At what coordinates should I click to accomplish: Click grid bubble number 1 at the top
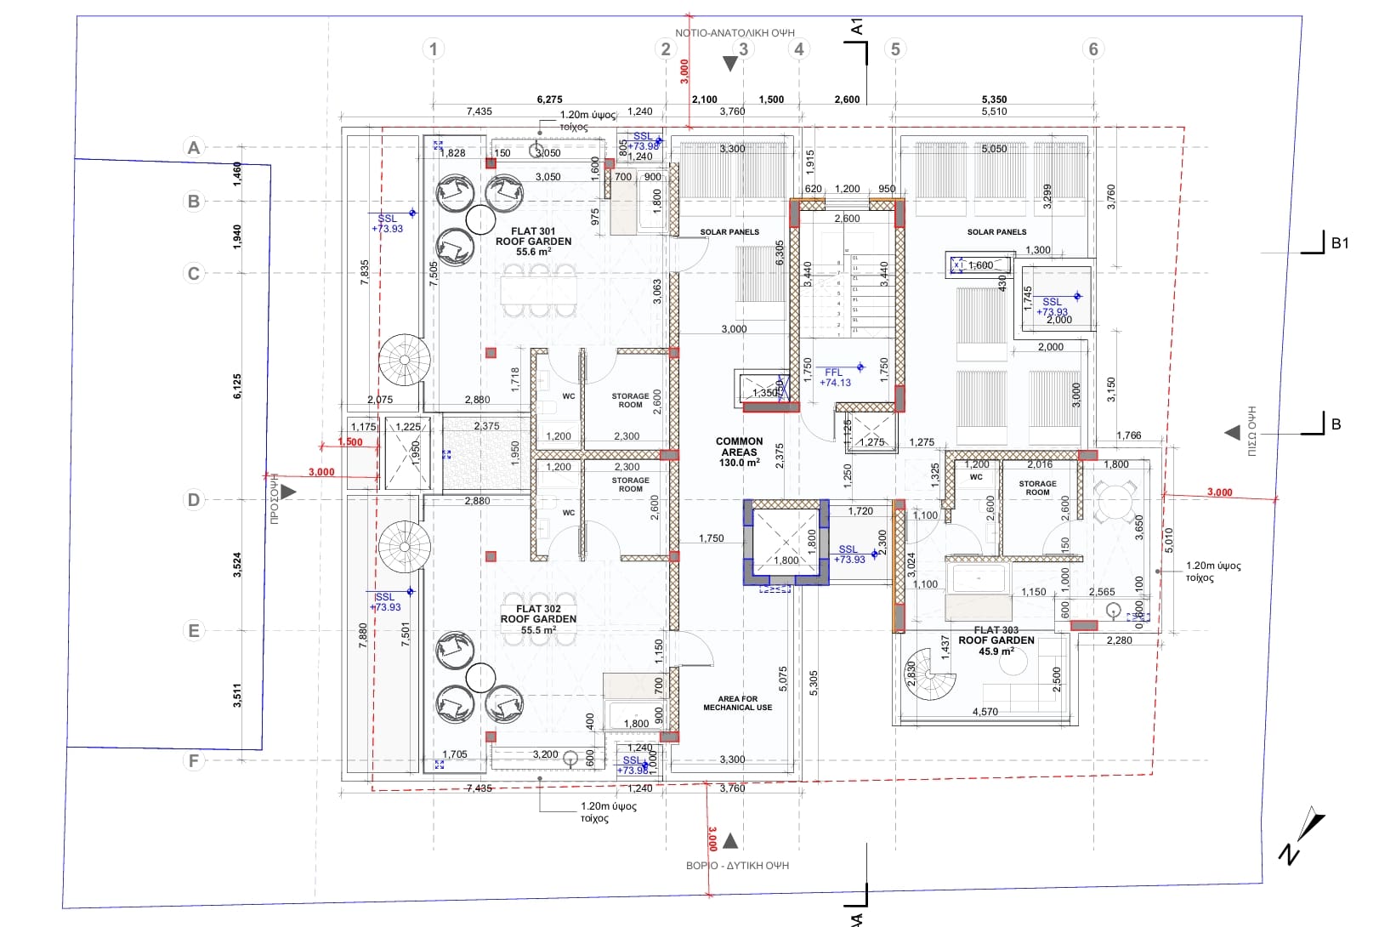[434, 48]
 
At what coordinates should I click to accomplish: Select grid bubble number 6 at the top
[1093, 48]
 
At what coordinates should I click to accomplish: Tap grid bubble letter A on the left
[194, 148]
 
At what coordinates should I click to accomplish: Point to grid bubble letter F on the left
[194, 760]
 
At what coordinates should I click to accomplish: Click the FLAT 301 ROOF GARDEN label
[533, 242]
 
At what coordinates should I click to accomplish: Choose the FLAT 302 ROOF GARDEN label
[538, 619]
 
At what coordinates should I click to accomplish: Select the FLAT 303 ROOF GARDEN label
[996, 640]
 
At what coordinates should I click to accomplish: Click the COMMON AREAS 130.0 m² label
[739, 452]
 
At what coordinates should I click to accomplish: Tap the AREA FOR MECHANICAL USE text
[737, 703]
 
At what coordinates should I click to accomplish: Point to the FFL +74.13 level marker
[835, 378]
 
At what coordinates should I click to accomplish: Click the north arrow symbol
[1302, 837]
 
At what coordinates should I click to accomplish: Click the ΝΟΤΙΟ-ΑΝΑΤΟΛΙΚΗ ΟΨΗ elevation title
[735, 33]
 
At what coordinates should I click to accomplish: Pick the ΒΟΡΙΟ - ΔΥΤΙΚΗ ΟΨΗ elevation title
[737, 866]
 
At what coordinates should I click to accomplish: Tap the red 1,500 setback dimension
[350, 442]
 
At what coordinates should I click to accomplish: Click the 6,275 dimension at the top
[549, 100]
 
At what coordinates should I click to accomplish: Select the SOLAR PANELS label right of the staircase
[996, 231]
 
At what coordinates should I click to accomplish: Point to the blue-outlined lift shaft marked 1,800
[786, 543]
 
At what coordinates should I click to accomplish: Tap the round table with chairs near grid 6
[1114, 502]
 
